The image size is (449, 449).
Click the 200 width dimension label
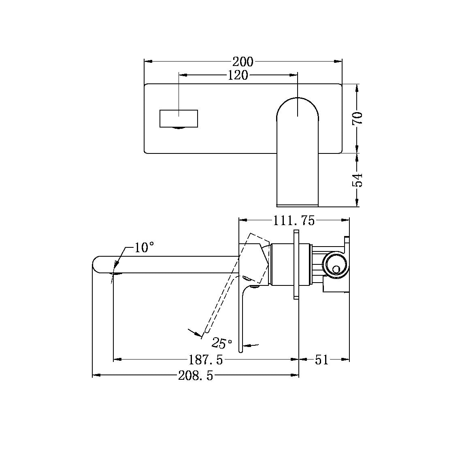point(243,62)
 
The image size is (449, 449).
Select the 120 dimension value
point(238,75)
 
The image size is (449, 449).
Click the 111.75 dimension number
point(294,221)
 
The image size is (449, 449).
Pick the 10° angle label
point(144,247)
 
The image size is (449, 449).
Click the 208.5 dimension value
point(196,376)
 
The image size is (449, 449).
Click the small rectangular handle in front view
point(179,118)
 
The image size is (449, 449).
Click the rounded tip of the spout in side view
point(97,264)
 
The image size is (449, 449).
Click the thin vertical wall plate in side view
point(296,265)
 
